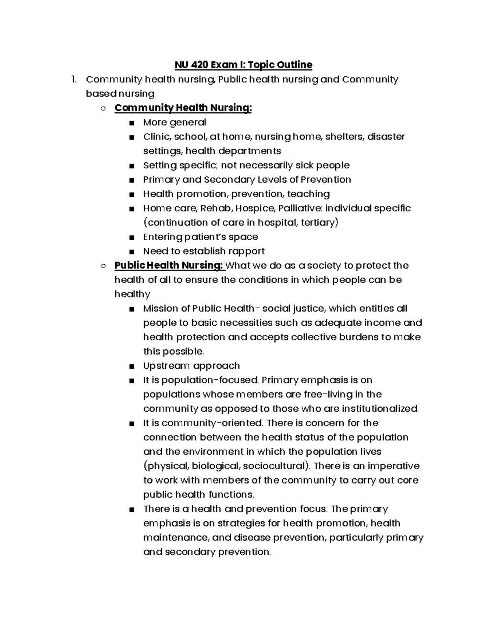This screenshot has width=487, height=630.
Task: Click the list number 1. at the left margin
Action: [73, 80]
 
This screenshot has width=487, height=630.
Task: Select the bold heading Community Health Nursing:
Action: [183, 108]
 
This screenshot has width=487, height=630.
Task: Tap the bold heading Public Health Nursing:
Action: [169, 265]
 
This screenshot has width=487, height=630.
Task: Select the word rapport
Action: [246, 251]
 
